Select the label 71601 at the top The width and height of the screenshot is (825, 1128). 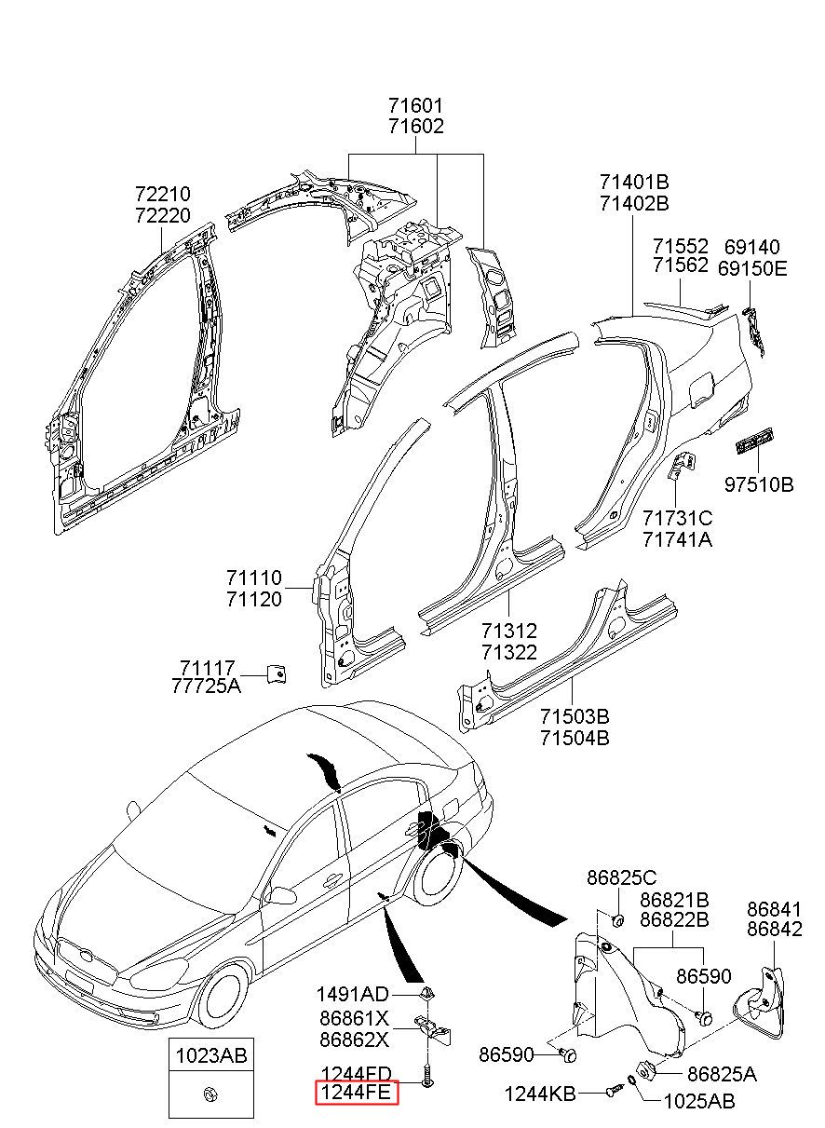[416, 106]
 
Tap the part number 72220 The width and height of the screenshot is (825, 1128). [163, 215]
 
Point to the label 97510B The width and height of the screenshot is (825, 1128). [759, 485]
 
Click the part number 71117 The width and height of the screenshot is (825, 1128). [207, 668]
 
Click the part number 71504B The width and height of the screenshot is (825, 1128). [575, 739]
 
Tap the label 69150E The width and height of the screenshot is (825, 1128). [752, 269]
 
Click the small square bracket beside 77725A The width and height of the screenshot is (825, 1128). [277, 673]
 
